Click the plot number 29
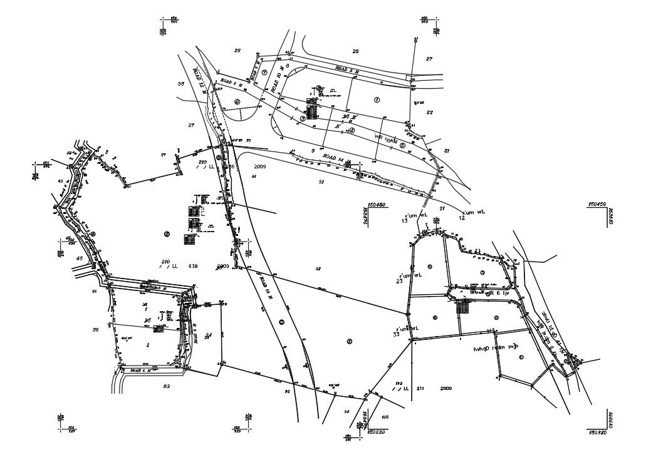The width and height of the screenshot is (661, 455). tap(355, 51)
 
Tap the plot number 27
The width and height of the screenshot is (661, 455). tap(429, 59)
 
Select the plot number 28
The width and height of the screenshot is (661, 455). tap(237, 51)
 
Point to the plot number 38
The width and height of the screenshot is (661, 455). tap(181, 84)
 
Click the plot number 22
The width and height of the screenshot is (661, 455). tap(430, 113)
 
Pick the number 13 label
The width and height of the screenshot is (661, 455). tap(405, 220)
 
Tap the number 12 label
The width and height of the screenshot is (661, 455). tap(462, 218)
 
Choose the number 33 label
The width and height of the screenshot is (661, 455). tap(396, 335)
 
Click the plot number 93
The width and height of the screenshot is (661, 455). tap(166, 386)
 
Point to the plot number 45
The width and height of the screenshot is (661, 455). tap(79, 258)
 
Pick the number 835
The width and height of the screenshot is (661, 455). tap(385, 416)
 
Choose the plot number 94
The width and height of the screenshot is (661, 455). tap(346, 411)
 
